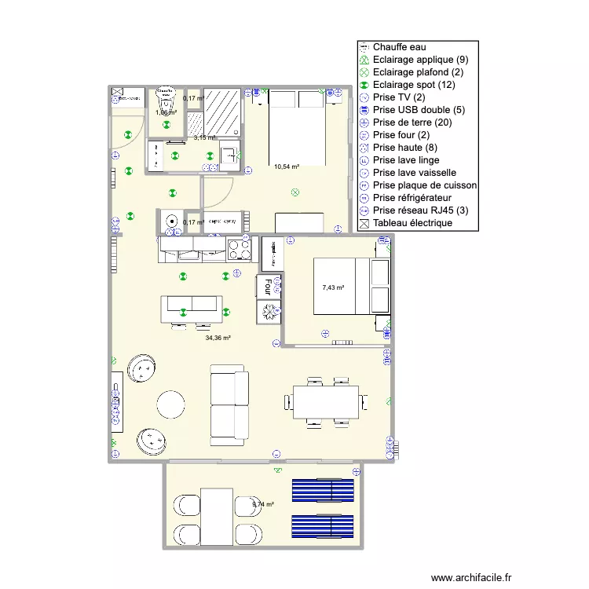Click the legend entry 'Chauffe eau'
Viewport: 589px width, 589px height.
400,47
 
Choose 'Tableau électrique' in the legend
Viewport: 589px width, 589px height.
412,223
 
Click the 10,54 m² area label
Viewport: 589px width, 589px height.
287,166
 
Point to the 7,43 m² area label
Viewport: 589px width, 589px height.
333,288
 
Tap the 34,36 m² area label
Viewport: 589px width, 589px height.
218,338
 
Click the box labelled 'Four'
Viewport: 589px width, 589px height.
269,286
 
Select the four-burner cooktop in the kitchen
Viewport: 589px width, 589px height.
240,250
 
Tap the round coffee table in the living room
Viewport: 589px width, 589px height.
172,404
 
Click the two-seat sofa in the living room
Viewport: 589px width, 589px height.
229,406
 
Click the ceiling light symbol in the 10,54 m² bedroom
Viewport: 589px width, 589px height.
294,191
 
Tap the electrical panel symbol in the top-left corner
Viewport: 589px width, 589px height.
118,93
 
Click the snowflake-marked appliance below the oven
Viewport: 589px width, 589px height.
269,311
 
